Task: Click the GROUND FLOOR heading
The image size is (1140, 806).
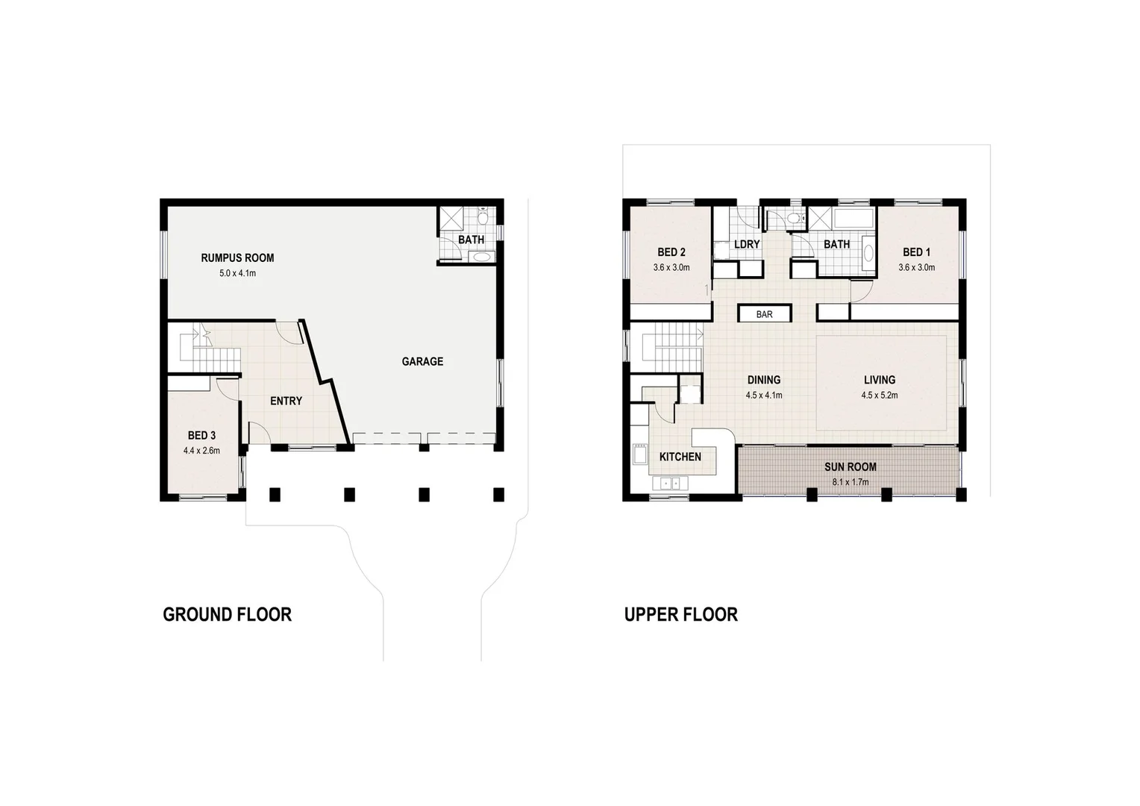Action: point(227,614)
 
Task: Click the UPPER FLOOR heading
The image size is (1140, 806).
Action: point(680,614)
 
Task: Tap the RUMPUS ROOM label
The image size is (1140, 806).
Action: point(237,257)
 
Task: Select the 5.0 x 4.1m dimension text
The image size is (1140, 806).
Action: point(237,273)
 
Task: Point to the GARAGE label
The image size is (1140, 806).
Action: point(422,361)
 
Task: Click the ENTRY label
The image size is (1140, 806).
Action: point(286,401)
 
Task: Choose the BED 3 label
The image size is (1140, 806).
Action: point(201,435)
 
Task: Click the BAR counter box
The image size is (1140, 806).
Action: point(764,314)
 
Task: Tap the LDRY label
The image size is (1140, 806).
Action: point(746,244)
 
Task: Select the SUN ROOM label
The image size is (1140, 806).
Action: point(850,466)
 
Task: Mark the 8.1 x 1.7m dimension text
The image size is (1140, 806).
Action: point(850,482)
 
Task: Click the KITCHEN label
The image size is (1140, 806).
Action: point(680,456)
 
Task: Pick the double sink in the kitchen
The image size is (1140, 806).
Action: point(670,484)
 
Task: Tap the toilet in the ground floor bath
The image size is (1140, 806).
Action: point(483,218)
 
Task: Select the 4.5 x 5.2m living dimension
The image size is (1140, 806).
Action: point(879,396)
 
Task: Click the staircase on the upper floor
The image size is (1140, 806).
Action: point(671,347)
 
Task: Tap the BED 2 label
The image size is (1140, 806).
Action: point(671,252)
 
